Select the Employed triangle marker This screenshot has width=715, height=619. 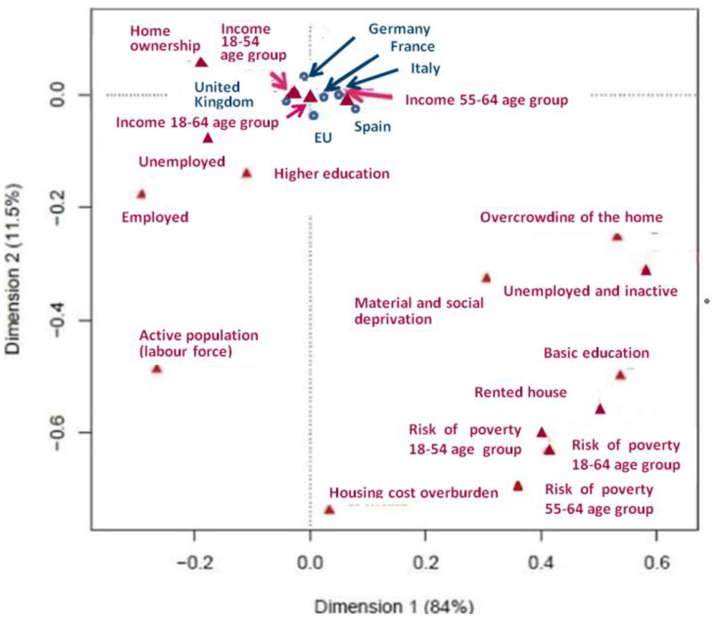coord(141,194)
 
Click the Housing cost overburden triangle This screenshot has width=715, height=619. coord(329,510)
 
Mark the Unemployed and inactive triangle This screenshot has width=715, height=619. coord(646,270)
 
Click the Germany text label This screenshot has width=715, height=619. coord(399,29)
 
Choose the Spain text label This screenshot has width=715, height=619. coord(372,127)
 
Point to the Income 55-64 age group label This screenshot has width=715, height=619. coord(486,100)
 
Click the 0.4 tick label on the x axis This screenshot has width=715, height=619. coord(541,563)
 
